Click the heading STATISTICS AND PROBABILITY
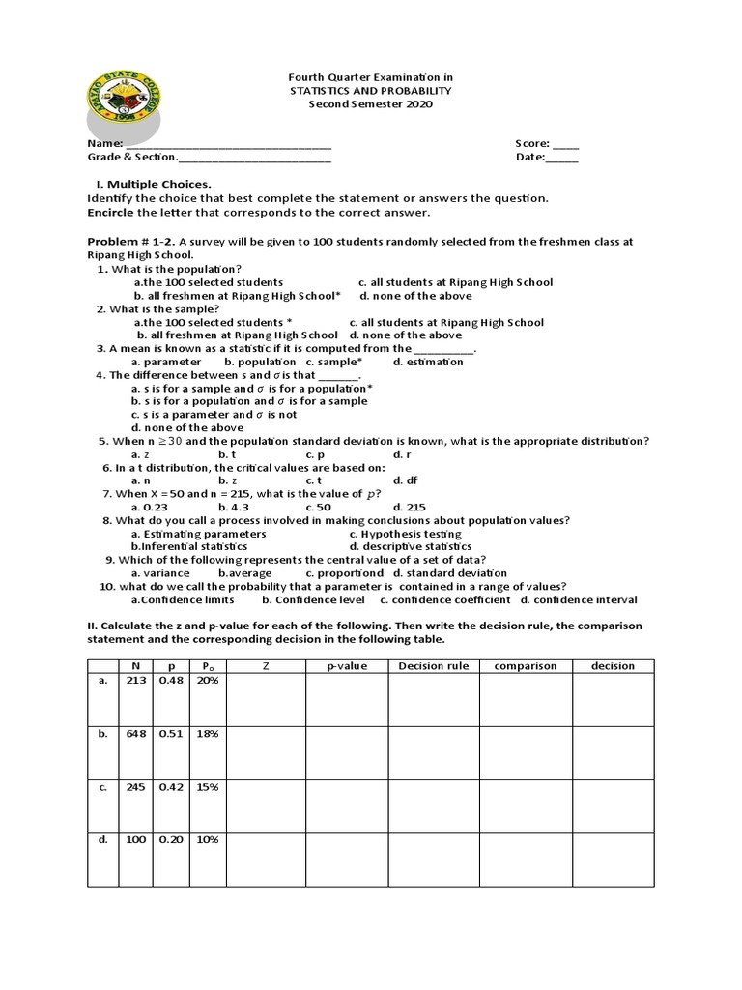(x=372, y=90)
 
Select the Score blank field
(x=566, y=143)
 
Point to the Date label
(x=530, y=157)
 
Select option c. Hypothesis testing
(x=405, y=533)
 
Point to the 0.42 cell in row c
(x=170, y=787)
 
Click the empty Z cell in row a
(x=266, y=699)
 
